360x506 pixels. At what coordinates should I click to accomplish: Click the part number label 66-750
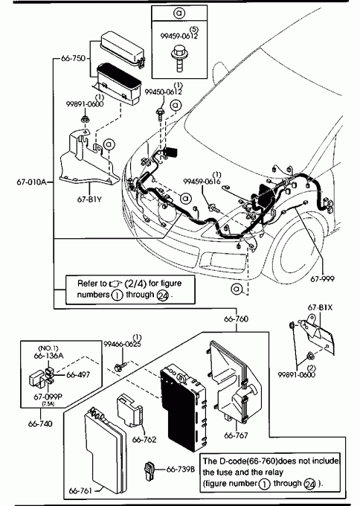(x=73, y=58)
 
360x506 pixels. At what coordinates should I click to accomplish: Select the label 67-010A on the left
(x=31, y=182)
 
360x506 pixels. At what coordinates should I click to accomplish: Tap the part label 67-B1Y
(x=89, y=199)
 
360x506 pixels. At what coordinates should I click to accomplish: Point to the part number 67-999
(x=322, y=278)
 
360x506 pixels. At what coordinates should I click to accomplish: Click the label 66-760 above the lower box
(x=236, y=319)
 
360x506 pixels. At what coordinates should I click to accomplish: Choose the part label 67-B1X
(x=320, y=307)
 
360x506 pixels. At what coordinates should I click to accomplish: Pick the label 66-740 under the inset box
(x=40, y=423)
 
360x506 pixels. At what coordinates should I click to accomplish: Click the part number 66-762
(x=144, y=440)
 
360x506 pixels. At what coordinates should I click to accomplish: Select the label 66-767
(x=236, y=435)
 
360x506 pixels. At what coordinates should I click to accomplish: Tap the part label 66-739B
(x=180, y=470)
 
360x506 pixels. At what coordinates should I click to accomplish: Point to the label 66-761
(x=80, y=491)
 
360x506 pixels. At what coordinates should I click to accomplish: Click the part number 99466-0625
(x=122, y=345)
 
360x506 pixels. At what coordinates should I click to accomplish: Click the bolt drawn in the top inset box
(x=179, y=60)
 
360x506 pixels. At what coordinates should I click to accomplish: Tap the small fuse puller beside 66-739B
(x=149, y=470)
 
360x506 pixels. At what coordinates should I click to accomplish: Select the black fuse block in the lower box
(x=182, y=409)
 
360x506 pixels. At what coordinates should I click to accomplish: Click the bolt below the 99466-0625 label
(x=120, y=367)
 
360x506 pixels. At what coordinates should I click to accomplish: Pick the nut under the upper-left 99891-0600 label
(x=85, y=119)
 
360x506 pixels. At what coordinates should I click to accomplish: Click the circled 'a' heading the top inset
(x=179, y=13)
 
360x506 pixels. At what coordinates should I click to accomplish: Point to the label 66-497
(x=78, y=375)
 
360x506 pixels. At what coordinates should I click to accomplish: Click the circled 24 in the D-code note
(x=310, y=484)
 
